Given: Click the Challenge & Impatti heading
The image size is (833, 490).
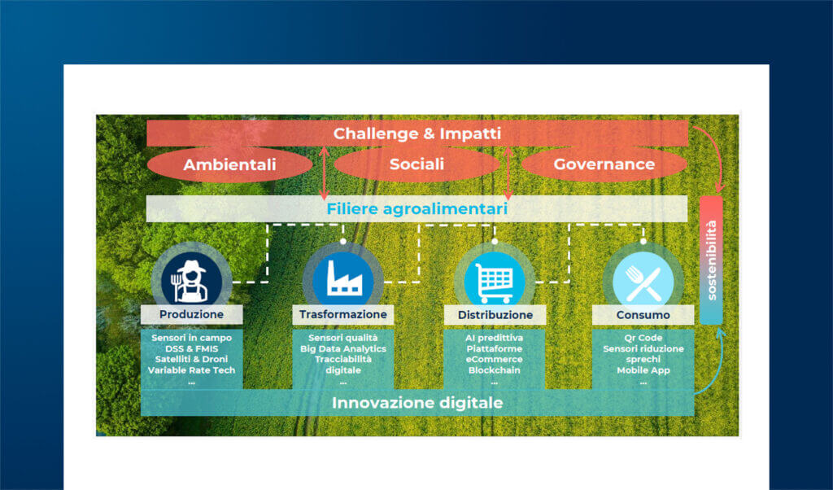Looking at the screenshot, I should [416, 133].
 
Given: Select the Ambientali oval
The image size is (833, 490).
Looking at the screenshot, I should [229, 164].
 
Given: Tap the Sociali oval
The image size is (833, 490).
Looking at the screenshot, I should [416, 164].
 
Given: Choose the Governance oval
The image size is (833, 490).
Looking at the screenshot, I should [604, 164].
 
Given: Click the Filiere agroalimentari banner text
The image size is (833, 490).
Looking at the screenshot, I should [416, 209].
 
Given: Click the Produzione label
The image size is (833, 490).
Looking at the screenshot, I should [191, 314].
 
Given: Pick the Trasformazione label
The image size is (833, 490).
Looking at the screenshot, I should [342, 314].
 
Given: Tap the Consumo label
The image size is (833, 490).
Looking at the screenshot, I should [643, 314].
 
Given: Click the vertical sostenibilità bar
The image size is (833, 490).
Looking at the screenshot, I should [711, 260].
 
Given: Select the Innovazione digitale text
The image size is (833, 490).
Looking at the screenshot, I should [416, 403].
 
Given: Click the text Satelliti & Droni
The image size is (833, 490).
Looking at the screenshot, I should [191, 359].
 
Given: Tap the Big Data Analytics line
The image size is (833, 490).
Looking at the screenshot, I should [342, 348].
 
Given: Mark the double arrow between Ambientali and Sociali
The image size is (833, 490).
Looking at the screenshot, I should [323, 172].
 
